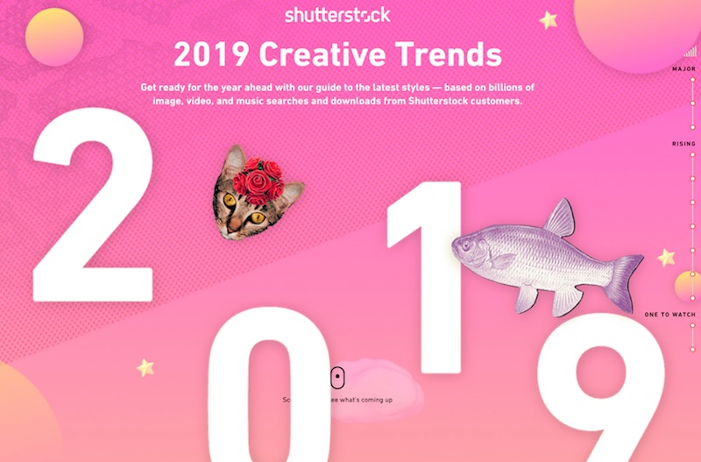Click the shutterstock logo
337,15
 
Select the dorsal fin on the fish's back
559,219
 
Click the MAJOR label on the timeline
683,68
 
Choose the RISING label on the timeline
683,144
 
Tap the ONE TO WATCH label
669,314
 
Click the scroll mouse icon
336,378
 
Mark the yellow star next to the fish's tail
666,258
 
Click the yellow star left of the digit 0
145,366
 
